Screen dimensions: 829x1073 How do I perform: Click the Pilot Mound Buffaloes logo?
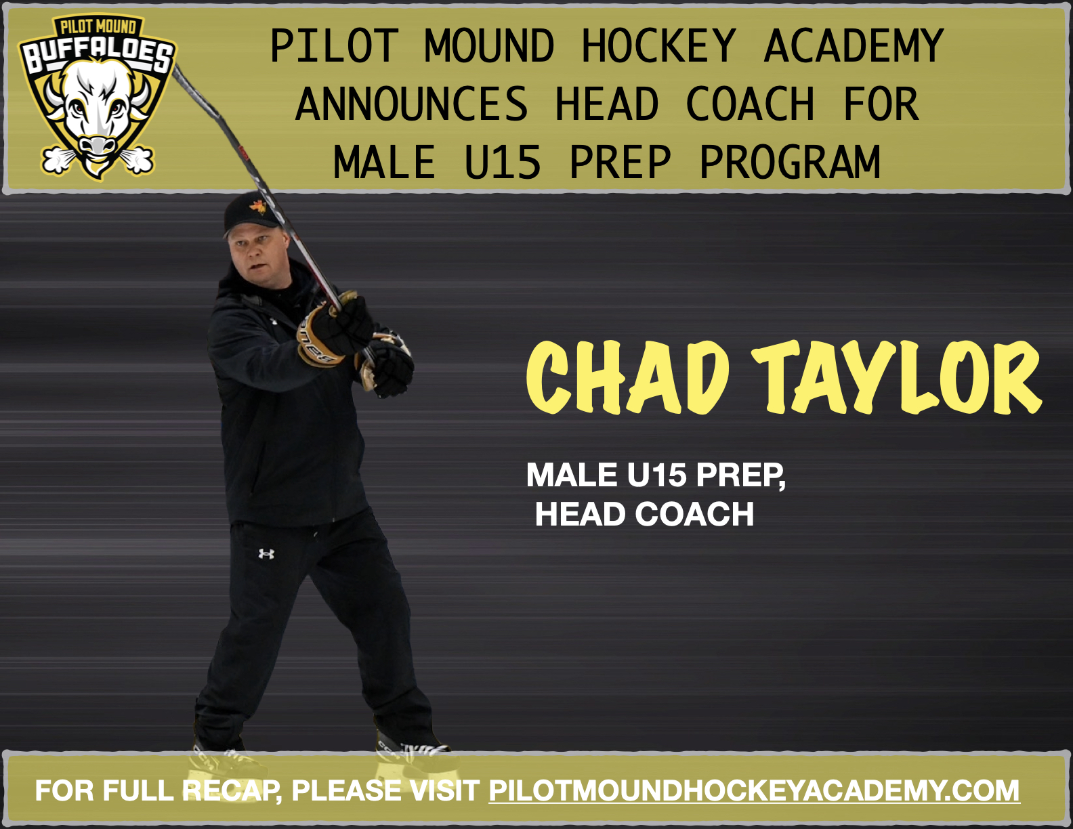coord(97,98)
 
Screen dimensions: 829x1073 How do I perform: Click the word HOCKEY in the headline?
coord(658,46)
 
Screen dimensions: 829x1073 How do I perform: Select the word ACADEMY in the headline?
coord(854,46)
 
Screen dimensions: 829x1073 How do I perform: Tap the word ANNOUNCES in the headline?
coord(411,104)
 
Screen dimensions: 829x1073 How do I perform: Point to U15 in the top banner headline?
coord(503,163)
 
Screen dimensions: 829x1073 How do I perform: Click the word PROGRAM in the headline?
coord(790,163)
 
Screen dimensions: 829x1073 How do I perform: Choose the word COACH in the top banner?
coord(750,104)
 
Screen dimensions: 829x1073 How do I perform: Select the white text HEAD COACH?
coord(644,514)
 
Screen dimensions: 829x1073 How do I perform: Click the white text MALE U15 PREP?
coord(656,475)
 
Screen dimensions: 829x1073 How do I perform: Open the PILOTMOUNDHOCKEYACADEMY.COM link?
coord(754,790)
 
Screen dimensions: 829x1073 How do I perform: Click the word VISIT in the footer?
coord(443,790)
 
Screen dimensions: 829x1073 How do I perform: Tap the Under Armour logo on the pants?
coord(266,554)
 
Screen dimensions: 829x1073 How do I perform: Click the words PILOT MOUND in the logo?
coord(98,27)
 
